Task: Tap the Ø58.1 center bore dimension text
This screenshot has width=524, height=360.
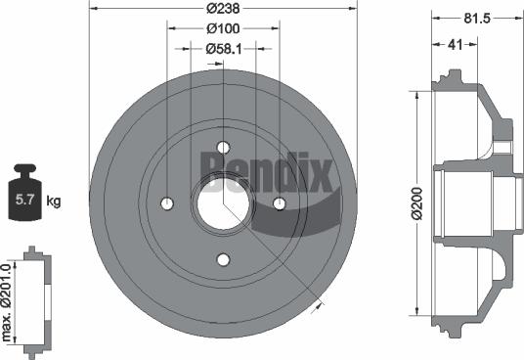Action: point(224,47)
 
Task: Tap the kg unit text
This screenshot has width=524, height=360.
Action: point(55,202)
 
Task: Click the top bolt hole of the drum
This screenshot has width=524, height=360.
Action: point(223,148)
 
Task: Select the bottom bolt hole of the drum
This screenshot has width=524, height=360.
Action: point(223,259)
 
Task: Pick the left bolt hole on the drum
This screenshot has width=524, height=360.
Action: point(167,203)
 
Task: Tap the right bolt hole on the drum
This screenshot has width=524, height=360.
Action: point(279,203)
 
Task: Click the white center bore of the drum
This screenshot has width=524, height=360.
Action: point(223,203)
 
